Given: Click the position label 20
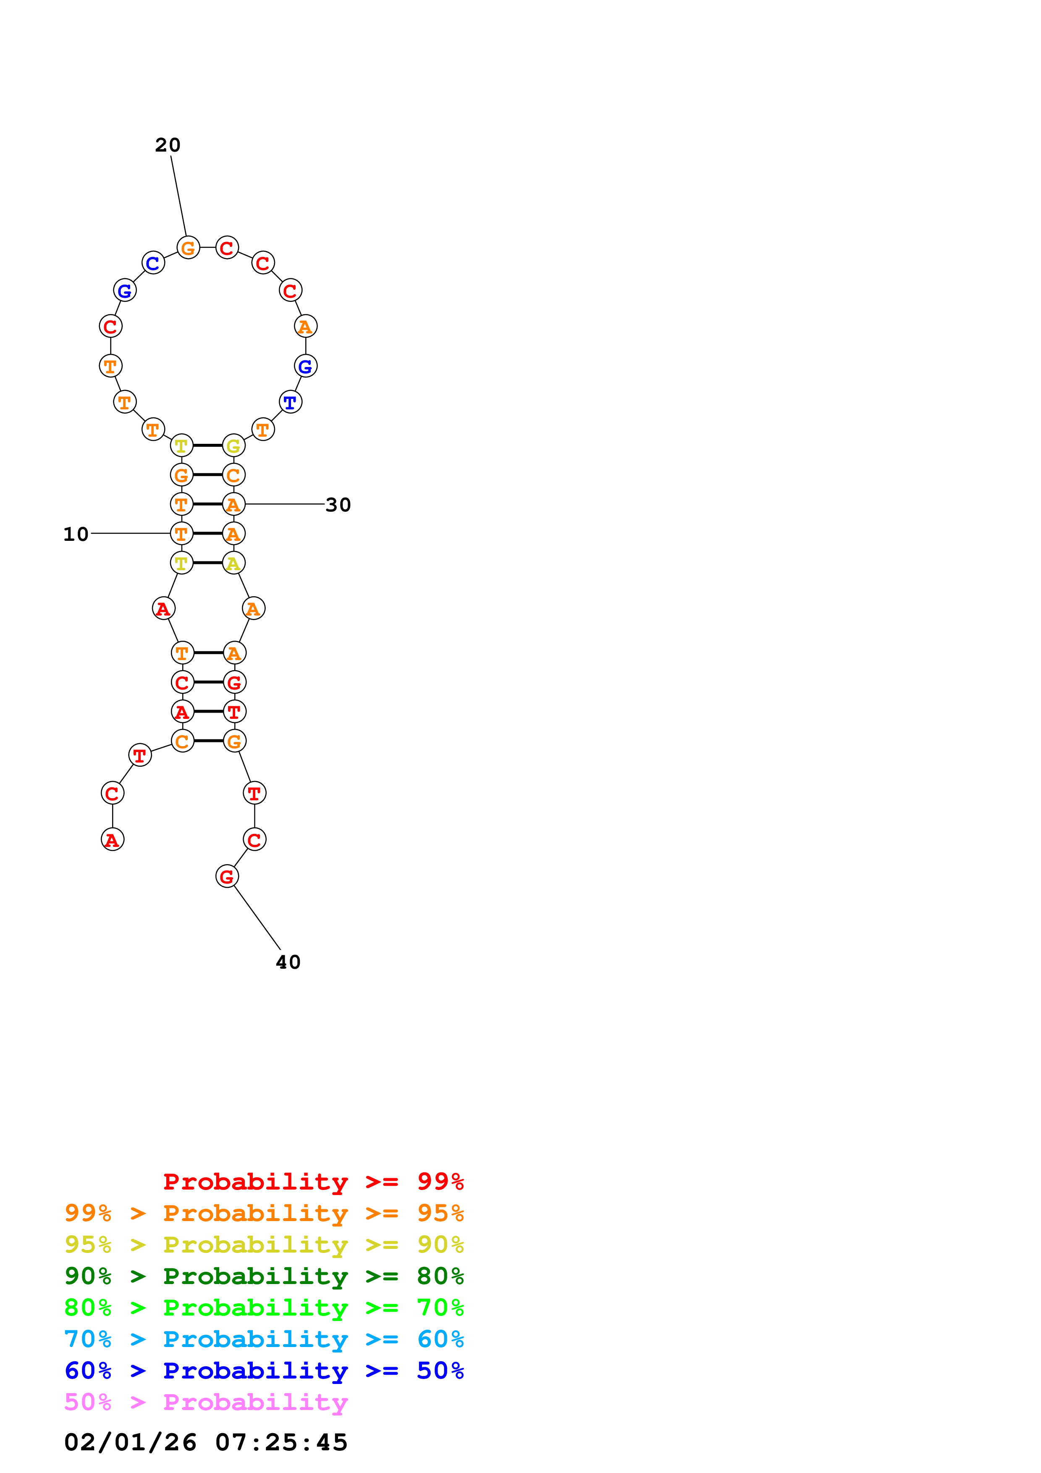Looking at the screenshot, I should click(168, 145).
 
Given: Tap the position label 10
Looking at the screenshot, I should click(76, 534).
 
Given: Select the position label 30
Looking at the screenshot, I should click(338, 505).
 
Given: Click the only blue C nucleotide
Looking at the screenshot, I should click(153, 263).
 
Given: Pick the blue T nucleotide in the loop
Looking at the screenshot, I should click(291, 402).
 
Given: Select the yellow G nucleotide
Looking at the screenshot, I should click(233, 445).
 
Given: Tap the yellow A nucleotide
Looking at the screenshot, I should click(233, 563).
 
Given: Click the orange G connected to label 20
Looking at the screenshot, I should click(188, 248).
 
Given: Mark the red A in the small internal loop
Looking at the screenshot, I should click(163, 608).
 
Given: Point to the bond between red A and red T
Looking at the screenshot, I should click(208, 711).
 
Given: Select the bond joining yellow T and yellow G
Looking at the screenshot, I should click(208, 445).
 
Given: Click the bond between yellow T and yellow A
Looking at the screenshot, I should click(208, 563).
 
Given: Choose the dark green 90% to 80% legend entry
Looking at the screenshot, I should click(264, 1276).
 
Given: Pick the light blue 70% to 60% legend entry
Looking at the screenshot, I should click(264, 1339).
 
